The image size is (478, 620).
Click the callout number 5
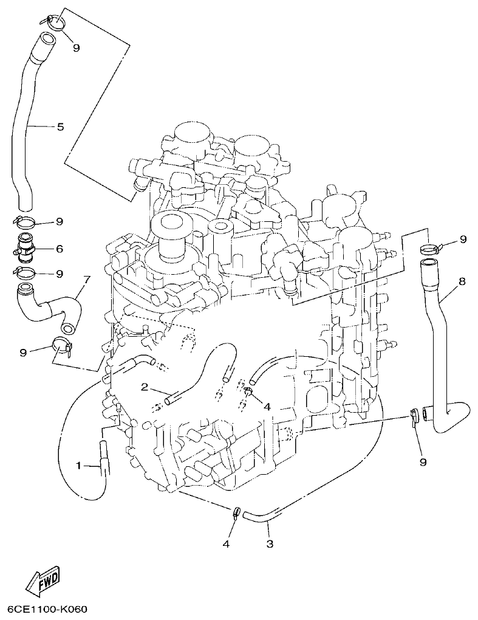coord(60,127)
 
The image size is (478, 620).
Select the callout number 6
coord(60,249)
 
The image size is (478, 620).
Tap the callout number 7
coord(86,280)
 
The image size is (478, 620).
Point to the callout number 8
coord(462,281)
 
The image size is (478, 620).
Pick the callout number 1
coord(78,466)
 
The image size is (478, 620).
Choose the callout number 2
coord(145,387)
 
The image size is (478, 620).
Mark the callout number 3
coord(270,544)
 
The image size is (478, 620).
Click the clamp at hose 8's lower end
coord(414,416)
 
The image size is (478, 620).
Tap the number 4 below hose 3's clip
coord(225,544)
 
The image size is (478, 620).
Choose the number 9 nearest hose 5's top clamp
coord(76,48)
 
